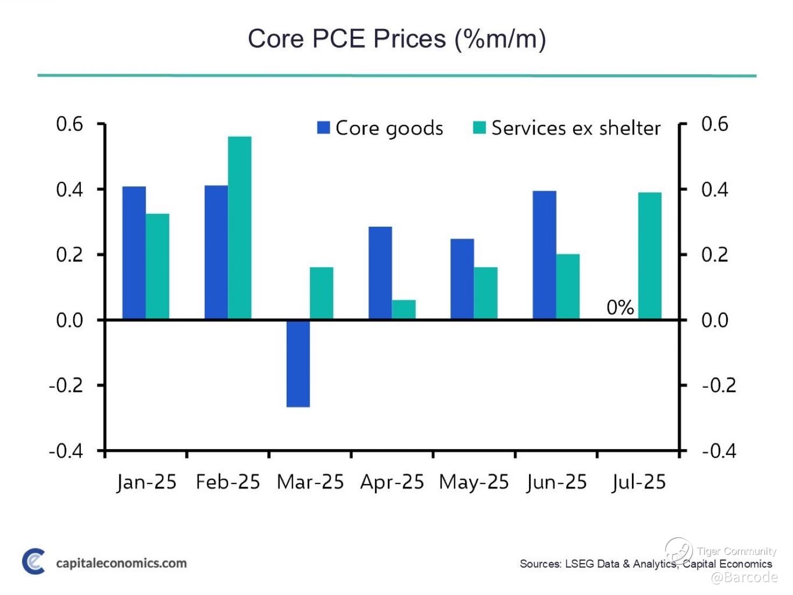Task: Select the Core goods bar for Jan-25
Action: click(x=134, y=253)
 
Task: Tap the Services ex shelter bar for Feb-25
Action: click(x=240, y=228)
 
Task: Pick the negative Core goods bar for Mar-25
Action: click(x=298, y=363)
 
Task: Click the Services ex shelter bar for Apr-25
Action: click(x=404, y=310)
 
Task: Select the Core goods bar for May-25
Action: click(x=462, y=279)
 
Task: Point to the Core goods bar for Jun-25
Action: click(x=544, y=255)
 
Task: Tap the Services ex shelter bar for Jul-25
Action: click(x=650, y=256)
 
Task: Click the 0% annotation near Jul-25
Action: click(x=620, y=307)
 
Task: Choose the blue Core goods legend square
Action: click(x=323, y=128)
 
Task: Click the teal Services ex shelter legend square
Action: click(x=479, y=128)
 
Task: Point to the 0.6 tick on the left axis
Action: click(x=70, y=124)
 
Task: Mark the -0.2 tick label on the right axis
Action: click(x=719, y=386)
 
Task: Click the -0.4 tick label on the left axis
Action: click(x=66, y=451)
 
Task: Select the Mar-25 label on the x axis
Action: click(x=310, y=482)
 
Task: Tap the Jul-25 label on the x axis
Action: click(x=639, y=482)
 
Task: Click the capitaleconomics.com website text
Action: click(x=121, y=563)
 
